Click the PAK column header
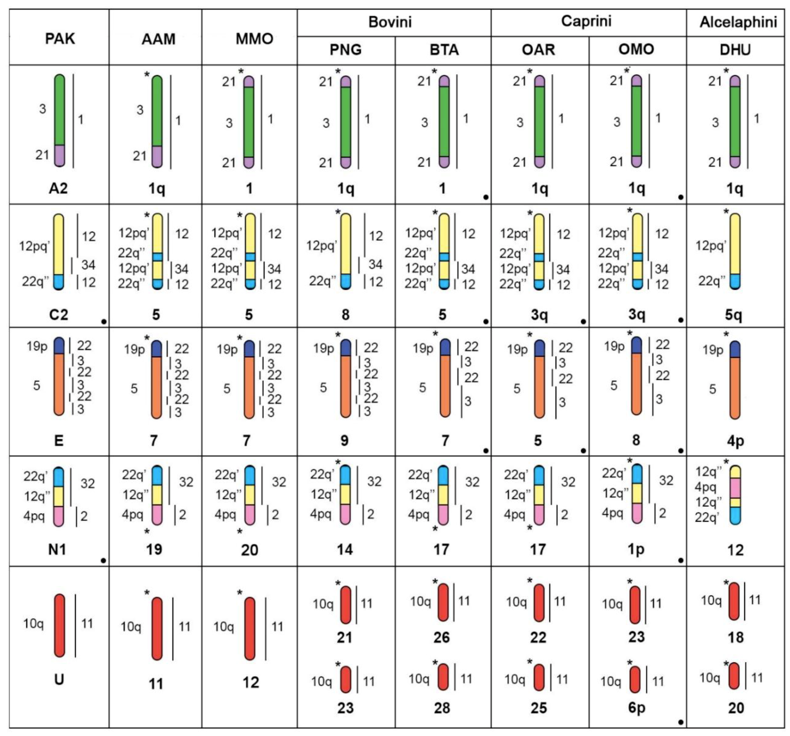click(x=60, y=39)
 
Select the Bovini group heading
click(x=390, y=22)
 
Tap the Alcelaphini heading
click(x=738, y=22)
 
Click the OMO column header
click(x=636, y=49)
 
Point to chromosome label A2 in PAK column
click(x=58, y=188)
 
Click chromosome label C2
click(x=58, y=315)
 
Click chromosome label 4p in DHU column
click(x=735, y=441)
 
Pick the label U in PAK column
click(x=59, y=680)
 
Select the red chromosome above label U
click(x=59, y=625)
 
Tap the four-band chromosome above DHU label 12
click(x=735, y=495)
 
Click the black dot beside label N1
click(x=103, y=560)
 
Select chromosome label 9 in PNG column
click(x=344, y=441)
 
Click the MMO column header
click(x=254, y=39)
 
